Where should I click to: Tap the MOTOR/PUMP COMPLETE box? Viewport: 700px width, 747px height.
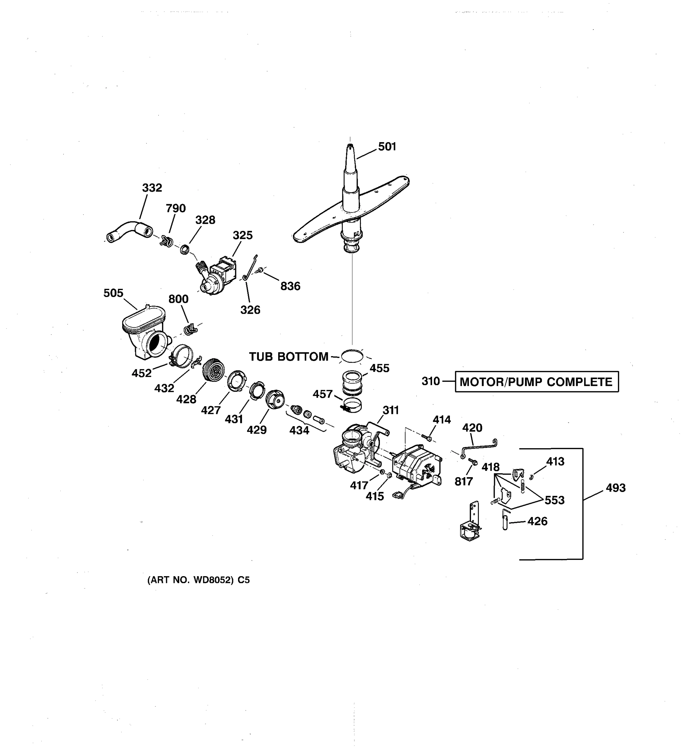(536, 382)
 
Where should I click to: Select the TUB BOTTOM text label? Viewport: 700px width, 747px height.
(288, 357)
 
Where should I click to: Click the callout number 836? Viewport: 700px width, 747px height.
(290, 286)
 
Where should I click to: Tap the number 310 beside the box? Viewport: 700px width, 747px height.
(430, 381)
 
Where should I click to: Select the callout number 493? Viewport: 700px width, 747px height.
(615, 488)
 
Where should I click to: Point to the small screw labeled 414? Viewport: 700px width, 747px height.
(426, 437)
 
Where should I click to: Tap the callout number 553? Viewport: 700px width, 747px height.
(554, 500)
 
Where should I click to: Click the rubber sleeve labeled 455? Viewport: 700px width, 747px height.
(352, 383)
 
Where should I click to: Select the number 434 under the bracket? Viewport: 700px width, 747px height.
(299, 430)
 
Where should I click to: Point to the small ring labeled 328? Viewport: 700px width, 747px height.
(184, 249)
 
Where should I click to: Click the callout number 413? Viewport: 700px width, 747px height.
(555, 461)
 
